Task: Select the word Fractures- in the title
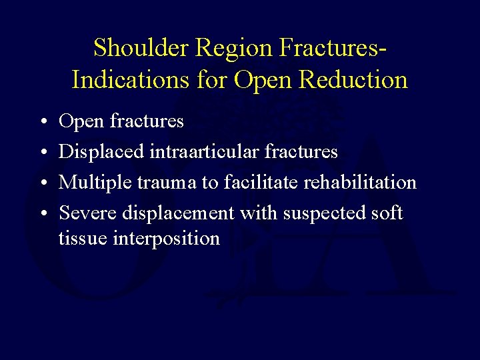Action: click(333, 48)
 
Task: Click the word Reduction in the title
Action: click(353, 80)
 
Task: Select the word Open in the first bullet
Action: click(81, 121)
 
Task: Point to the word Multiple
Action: click(97, 182)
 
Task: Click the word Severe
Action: click(87, 213)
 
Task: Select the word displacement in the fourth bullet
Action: click(177, 213)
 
